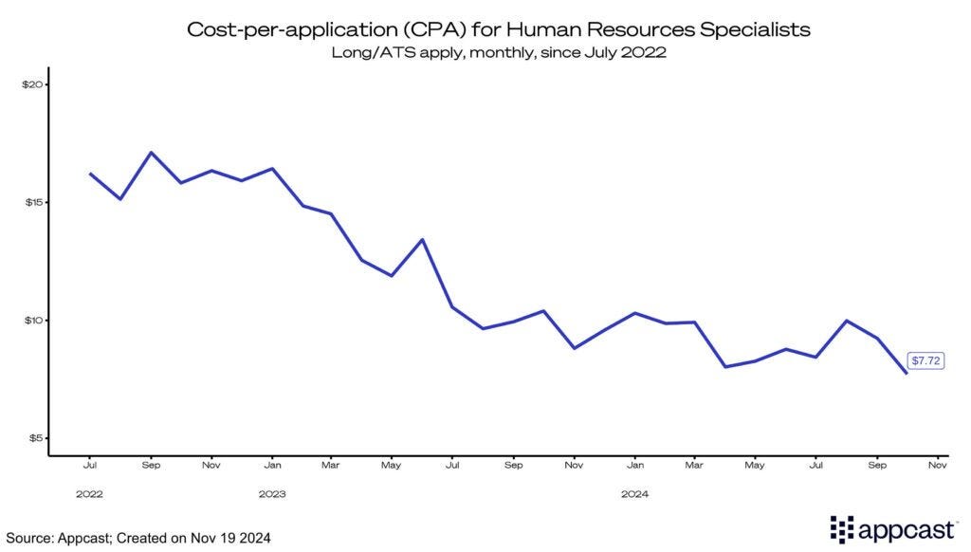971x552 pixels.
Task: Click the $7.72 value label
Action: (925, 361)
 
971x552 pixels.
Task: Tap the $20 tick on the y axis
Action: (33, 84)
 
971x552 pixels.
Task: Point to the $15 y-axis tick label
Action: (33, 203)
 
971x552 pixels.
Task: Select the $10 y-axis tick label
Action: (33, 321)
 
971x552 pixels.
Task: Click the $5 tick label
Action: (35, 438)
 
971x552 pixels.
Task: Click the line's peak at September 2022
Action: (151, 153)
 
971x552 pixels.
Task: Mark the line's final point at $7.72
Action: (907, 373)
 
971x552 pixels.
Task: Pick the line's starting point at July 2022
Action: (90, 174)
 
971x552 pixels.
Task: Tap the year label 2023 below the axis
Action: (272, 494)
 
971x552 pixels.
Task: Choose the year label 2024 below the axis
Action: (634, 494)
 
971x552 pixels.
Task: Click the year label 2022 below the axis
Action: (90, 494)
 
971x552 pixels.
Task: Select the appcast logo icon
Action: (842, 528)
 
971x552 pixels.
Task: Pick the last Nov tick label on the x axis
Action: (937, 466)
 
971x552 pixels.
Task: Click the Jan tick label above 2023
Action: (272, 466)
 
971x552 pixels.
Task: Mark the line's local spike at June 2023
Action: (423, 239)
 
